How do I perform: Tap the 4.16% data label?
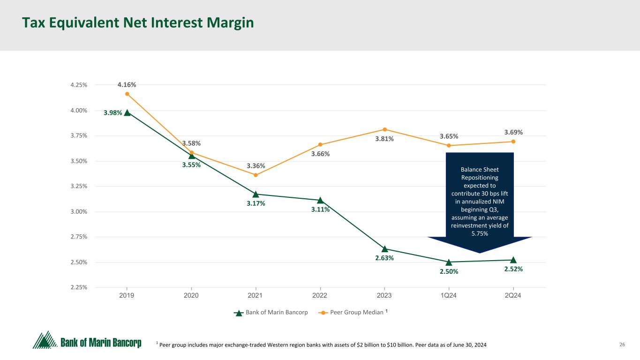pyautogui.click(x=127, y=85)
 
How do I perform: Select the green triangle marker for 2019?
pyautogui.click(x=127, y=112)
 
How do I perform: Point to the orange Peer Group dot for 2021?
pyautogui.click(x=256, y=175)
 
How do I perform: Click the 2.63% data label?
pyautogui.click(x=384, y=258)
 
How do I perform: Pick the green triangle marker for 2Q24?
pyautogui.click(x=513, y=260)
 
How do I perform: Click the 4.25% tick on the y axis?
pyautogui.click(x=78, y=85)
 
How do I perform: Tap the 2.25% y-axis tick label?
pyautogui.click(x=78, y=287)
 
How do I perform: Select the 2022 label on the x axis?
pyautogui.click(x=320, y=296)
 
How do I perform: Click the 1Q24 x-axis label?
pyautogui.click(x=449, y=296)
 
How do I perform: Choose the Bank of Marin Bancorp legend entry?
pyautogui.click(x=271, y=313)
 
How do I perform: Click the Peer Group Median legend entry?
pyautogui.click(x=356, y=313)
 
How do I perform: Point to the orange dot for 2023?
pyautogui.click(x=384, y=129)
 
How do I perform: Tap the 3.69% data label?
pyautogui.click(x=513, y=133)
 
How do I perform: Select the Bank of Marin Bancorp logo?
pyautogui.click(x=87, y=341)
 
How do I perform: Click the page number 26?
pyautogui.click(x=623, y=345)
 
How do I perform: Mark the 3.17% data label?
pyautogui.click(x=256, y=203)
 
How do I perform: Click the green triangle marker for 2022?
pyautogui.click(x=320, y=200)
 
